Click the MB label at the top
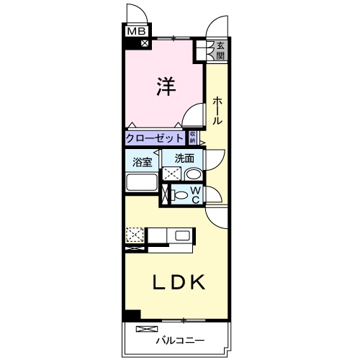(x=135, y=31)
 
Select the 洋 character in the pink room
(x=166, y=86)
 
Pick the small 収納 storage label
(x=193, y=138)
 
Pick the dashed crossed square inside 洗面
(x=172, y=174)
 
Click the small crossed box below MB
(x=145, y=42)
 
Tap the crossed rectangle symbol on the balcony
(x=145, y=329)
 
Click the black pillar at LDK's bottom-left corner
(x=131, y=315)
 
